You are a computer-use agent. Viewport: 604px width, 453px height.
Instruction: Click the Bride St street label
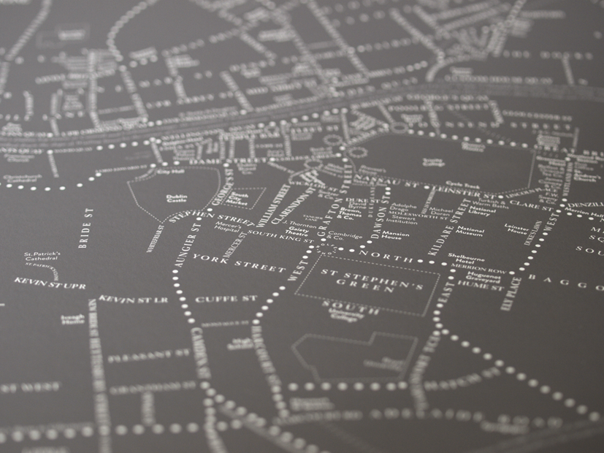click(x=86, y=228)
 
